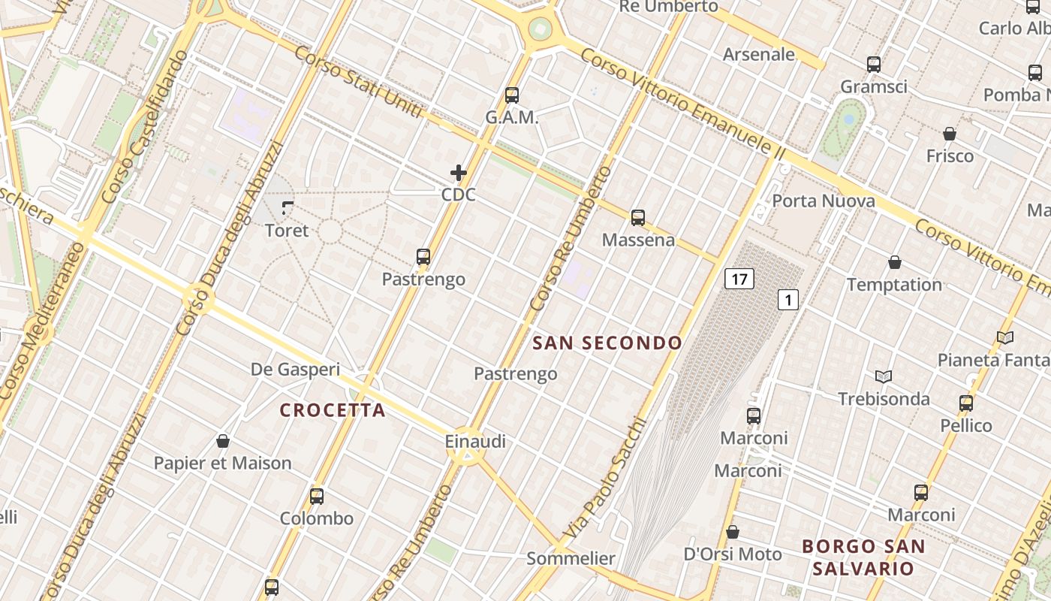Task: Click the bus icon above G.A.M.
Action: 512,95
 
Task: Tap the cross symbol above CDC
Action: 459,173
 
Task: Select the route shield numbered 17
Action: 739,279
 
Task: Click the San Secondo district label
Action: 607,343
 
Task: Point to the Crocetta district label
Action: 333,410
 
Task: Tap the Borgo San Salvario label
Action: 863,557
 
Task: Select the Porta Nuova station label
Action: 824,201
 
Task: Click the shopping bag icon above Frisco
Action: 950,134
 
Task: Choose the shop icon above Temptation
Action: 895,262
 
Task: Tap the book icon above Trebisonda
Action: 884,376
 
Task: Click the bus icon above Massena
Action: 638,218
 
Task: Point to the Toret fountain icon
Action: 288,207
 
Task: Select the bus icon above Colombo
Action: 317,496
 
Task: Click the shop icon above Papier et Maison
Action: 222,440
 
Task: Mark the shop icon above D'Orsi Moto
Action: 733,532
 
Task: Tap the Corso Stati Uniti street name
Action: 358,82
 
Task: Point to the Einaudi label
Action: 475,442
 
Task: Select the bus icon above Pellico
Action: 966,403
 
